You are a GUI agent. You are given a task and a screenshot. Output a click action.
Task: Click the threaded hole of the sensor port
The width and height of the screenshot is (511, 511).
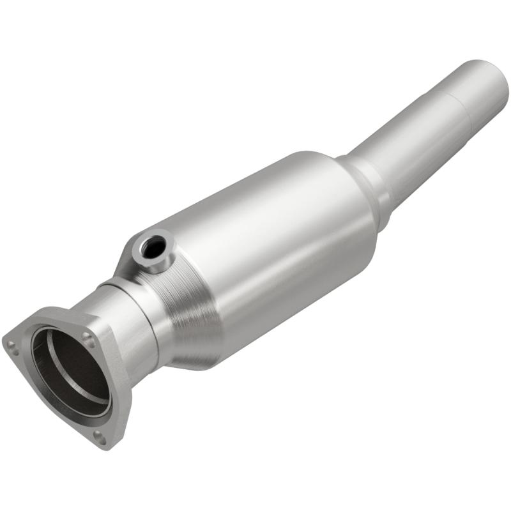point(153,247)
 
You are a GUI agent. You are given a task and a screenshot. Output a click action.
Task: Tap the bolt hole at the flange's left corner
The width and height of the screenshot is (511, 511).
point(11,346)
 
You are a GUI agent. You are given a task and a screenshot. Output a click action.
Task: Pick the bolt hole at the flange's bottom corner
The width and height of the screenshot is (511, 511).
point(99,436)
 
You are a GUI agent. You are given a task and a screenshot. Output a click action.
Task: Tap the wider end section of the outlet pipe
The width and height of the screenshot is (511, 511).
point(473,89)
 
